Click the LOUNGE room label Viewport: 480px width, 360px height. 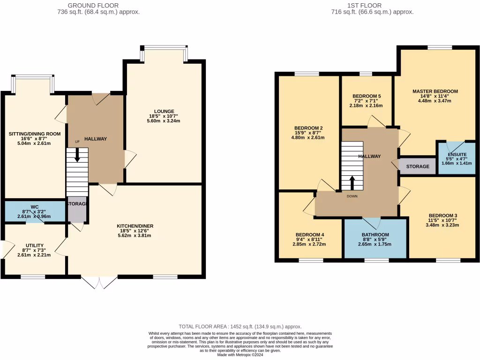click(x=164, y=111)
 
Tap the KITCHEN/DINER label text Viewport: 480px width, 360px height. click(x=135, y=226)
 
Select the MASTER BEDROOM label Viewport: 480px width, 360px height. click(x=435, y=91)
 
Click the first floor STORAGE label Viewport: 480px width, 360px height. click(x=418, y=166)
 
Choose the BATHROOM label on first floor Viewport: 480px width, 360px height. click(x=375, y=235)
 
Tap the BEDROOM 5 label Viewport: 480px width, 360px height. click(x=367, y=96)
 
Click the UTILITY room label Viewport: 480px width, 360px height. click(x=35, y=245)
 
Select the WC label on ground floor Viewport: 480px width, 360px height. click(x=35, y=206)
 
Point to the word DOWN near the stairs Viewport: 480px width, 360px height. click(x=352, y=196)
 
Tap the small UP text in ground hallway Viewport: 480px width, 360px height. click(x=77, y=142)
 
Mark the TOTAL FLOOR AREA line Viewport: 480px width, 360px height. click(x=240, y=326)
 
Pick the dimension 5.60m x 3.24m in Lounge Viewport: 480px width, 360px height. click(x=164, y=121)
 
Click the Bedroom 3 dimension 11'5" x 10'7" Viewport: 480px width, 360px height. click(x=442, y=220)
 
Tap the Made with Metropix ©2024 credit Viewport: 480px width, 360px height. click(x=240, y=355)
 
